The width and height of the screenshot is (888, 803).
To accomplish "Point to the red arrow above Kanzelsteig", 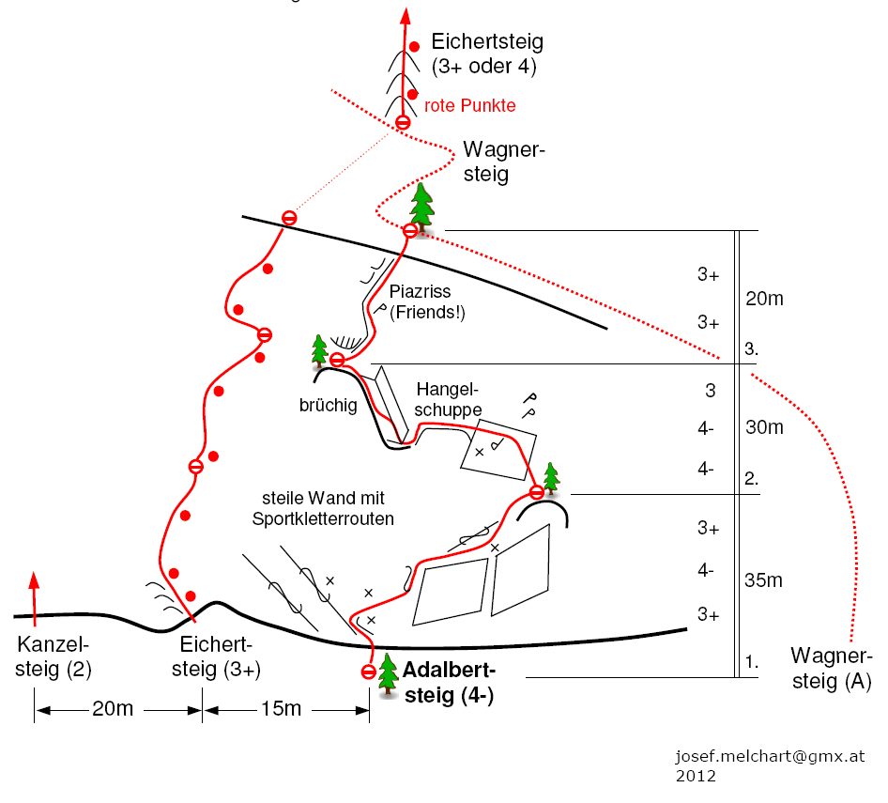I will pos(34,595).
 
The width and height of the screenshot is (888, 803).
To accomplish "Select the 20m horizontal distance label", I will pos(112,709).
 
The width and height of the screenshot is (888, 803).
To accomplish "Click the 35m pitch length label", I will pos(763,580).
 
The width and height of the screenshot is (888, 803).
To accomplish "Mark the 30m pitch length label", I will pos(763,427).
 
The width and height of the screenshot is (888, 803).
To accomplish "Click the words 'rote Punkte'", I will pos(470,106).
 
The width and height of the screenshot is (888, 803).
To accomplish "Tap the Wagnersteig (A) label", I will pos(832,668).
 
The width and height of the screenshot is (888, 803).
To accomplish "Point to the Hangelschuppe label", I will pos(449,398).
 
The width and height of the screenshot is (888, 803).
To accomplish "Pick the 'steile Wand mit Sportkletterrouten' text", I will pos(323,508).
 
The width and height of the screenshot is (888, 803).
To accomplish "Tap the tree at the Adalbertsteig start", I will pos(389,674).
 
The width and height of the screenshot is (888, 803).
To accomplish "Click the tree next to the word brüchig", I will pos(320,348).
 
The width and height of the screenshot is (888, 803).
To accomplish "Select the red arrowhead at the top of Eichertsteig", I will pos(406,16).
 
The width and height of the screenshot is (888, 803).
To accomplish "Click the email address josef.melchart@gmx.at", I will pos(770,757).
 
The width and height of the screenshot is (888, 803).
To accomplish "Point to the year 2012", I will pos(696,776).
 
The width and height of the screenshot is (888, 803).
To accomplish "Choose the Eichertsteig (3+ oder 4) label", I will pos(486,54).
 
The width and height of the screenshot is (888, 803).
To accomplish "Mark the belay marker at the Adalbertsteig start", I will pos(368,672).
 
